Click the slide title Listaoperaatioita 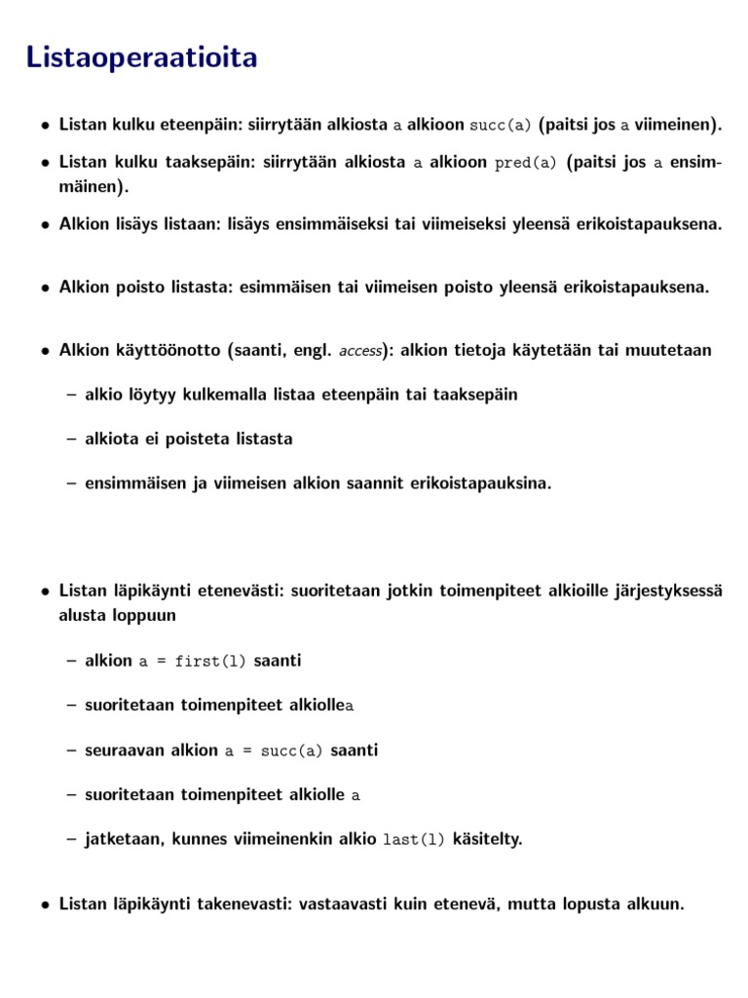142,58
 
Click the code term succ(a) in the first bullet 501,126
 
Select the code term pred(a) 525,163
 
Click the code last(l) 414,840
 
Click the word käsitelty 486,839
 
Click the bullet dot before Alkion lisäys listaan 46,225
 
